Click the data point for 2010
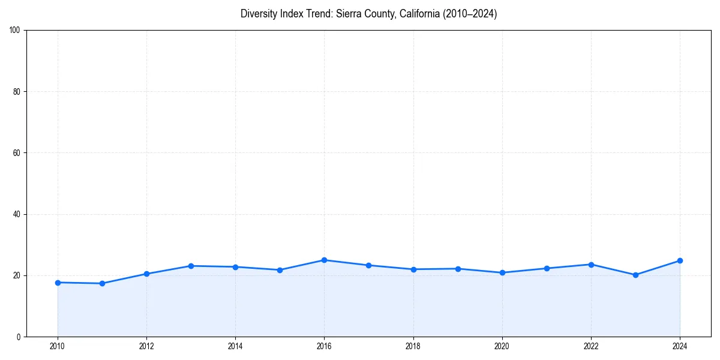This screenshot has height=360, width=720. pyautogui.click(x=58, y=283)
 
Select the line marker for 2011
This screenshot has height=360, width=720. pyautogui.click(x=102, y=283)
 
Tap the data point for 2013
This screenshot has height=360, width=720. pyautogui.click(x=191, y=266)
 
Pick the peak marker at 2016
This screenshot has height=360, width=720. pyautogui.click(x=324, y=260)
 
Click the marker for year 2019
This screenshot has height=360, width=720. pyautogui.click(x=458, y=269)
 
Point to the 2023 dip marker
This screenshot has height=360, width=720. pyautogui.click(x=635, y=275)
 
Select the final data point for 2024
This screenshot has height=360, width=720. pyautogui.click(x=680, y=260)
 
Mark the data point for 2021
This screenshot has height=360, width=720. pyautogui.click(x=547, y=268)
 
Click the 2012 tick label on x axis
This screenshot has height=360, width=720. pyautogui.click(x=146, y=346)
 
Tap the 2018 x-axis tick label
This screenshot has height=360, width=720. pyautogui.click(x=413, y=346)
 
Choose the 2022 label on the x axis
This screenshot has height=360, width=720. pyautogui.click(x=591, y=346)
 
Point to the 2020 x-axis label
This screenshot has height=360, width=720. pyautogui.click(x=502, y=346)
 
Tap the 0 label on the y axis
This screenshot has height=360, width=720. pyautogui.click(x=19, y=337)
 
